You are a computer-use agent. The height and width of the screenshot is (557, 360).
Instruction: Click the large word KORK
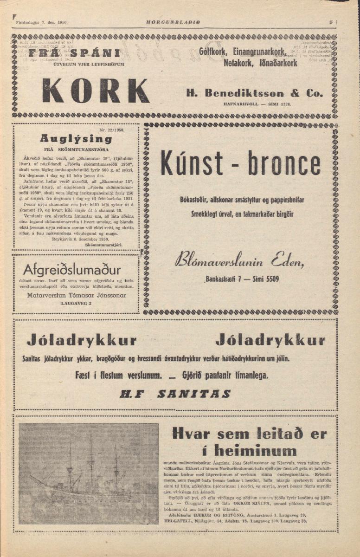[96, 91]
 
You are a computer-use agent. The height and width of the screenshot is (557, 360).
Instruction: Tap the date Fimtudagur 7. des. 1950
[42, 22]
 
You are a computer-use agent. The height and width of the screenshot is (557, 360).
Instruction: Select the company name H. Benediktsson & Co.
[255, 93]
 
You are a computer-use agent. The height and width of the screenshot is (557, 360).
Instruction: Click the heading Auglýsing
[76, 138]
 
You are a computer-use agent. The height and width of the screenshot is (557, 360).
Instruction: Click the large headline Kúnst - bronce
[240, 163]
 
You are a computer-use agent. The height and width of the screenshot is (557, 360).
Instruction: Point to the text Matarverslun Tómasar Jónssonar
[76, 295]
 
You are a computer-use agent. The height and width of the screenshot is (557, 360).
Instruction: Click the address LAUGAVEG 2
[76, 303]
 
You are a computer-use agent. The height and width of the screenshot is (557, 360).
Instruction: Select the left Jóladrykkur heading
[82, 341]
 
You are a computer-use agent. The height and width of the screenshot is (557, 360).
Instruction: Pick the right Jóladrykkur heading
[270, 341]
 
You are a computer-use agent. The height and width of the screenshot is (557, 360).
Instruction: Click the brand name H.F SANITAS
[175, 394]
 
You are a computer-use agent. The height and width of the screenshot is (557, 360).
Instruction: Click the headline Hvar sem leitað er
[249, 434]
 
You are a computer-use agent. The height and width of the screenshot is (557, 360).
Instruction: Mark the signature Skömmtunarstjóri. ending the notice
[106, 243]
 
